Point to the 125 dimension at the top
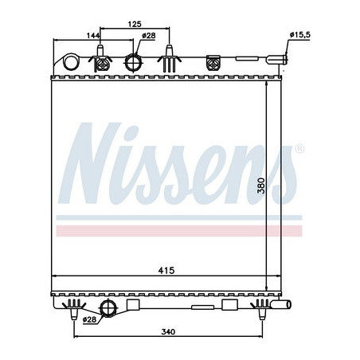point(135,24)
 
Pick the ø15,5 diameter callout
point(299,35)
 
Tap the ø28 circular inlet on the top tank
point(135,62)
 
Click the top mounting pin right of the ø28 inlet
point(169,61)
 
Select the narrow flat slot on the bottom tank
point(198,305)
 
